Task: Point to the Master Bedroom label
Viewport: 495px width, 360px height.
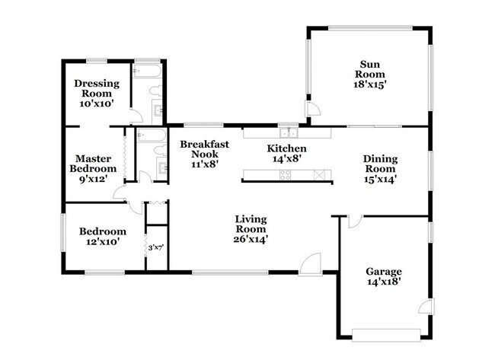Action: point(92,163)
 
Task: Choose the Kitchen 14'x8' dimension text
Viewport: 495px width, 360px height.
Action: point(286,160)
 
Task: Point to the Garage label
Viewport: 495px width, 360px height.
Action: point(384,271)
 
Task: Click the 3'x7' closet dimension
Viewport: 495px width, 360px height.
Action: point(156,247)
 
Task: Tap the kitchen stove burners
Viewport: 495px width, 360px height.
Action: point(286,174)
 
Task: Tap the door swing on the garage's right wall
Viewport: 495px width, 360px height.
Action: point(426,306)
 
